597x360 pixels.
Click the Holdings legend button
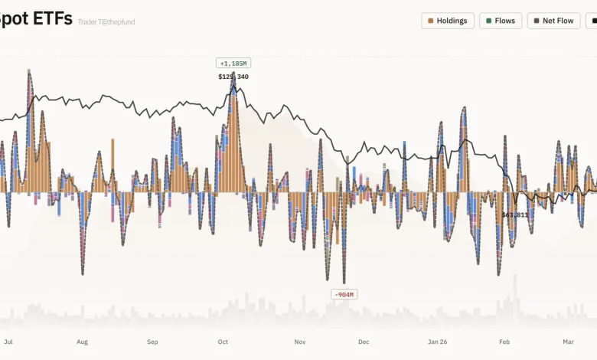tap(448, 21)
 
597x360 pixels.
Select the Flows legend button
tap(501, 21)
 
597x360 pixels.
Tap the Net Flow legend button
tap(553, 21)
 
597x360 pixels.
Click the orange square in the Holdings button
tap(432, 21)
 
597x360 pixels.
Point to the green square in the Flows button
tap(488, 21)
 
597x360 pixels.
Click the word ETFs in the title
tap(48, 18)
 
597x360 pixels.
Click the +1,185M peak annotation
tap(233, 63)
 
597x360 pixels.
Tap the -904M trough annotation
tap(344, 294)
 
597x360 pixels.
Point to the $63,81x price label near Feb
tap(515, 215)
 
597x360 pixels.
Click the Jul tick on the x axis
tap(9, 342)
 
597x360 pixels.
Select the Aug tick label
tap(82, 342)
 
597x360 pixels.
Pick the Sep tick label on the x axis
tap(152, 342)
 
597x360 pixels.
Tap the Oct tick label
tap(223, 342)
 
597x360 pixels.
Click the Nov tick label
tap(300, 342)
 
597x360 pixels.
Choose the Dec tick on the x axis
tap(364, 342)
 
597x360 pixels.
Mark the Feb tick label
tap(504, 342)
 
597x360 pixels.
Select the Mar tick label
tap(568, 342)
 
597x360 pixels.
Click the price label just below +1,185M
tap(233, 77)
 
